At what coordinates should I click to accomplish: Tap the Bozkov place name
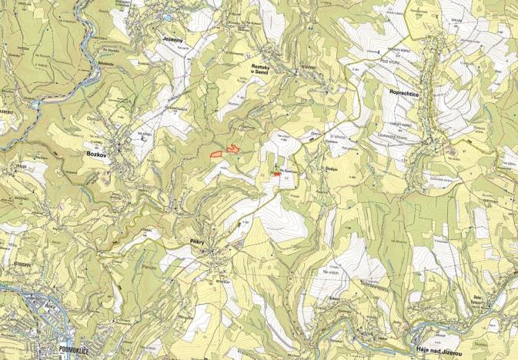point(90,153)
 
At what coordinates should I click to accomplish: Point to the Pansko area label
point(150,267)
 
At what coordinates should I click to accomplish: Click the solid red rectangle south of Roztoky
point(276,174)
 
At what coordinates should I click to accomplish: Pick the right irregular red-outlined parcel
point(231,148)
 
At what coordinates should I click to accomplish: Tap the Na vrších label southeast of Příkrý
point(331,272)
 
